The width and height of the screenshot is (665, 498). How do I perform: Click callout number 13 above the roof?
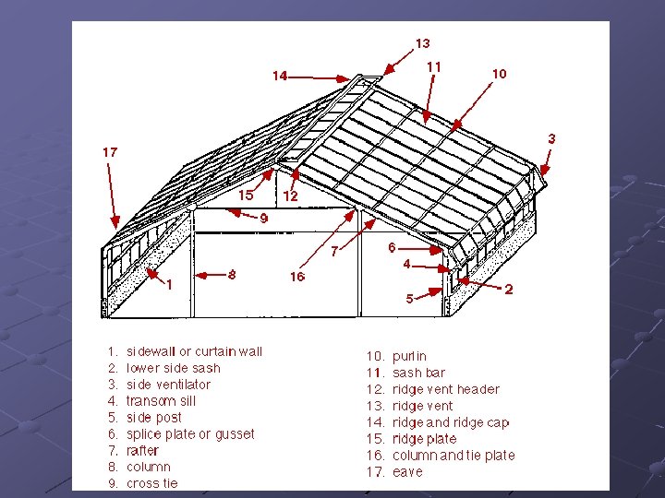click(x=422, y=42)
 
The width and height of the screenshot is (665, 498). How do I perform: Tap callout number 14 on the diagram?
click(x=280, y=76)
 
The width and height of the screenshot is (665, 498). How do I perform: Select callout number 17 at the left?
click(x=110, y=151)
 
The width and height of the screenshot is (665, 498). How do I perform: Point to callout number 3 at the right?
click(x=551, y=138)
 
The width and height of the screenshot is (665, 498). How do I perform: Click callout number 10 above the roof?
click(x=499, y=74)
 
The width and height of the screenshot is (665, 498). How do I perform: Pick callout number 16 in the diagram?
click(x=296, y=277)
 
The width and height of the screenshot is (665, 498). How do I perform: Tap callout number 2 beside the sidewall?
click(x=509, y=290)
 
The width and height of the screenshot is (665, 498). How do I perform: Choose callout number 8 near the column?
click(x=232, y=274)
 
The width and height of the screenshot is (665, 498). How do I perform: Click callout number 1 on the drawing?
click(x=169, y=285)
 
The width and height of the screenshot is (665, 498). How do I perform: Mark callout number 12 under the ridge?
click(x=290, y=196)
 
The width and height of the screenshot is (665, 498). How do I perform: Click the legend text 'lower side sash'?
click(x=174, y=368)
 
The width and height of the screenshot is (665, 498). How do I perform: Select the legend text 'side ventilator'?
click(x=168, y=385)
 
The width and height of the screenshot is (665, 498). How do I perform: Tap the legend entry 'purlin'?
click(x=409, y=356)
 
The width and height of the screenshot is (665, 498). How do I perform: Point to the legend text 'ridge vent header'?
click(x=445, y=389)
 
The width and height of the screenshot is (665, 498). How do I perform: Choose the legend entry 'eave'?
click(x=407, y=472)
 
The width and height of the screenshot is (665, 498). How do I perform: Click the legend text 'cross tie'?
click(x=152, y=483)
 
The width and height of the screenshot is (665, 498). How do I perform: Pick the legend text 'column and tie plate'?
click(x=453, y=456)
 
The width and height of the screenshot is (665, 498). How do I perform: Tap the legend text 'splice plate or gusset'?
click(x=190, y=434)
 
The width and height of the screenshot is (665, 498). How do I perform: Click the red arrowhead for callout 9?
click(x=230, y=211)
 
